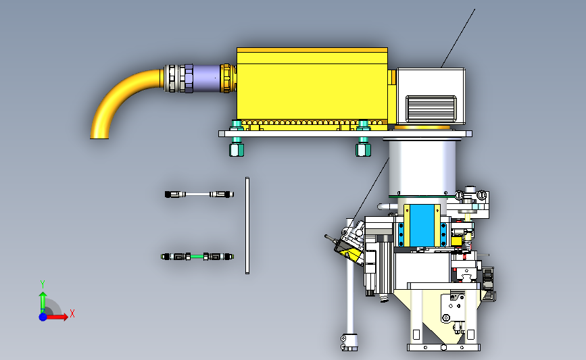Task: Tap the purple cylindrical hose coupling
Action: [206, 78]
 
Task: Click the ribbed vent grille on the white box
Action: [431, 108]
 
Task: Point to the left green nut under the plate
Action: [236, 149]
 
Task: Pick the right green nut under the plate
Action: [363, 149]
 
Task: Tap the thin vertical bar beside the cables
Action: [247, 226]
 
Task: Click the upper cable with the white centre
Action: [199, 195]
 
